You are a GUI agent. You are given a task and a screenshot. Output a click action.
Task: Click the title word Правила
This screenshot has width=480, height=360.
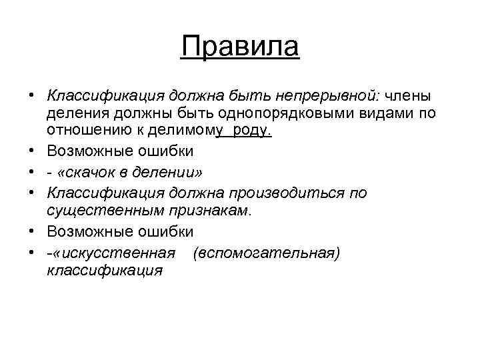(240, 47)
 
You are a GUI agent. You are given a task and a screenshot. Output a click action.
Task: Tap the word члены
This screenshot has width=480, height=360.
(407, 95)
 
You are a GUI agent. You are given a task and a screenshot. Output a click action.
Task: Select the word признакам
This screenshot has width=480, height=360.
(208, 211)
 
